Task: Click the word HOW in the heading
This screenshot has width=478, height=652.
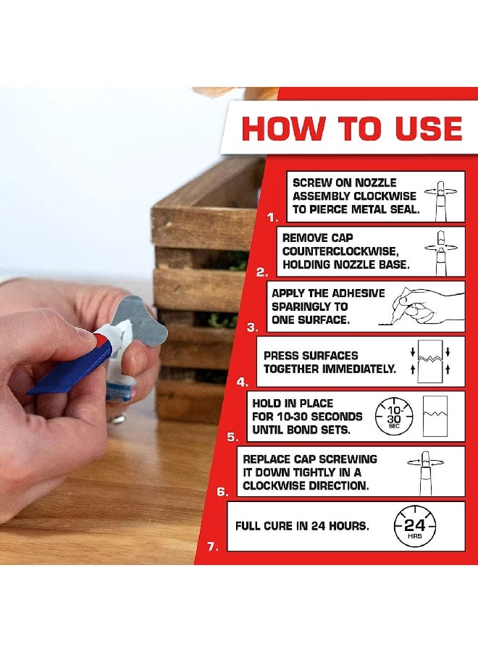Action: coord(282,128)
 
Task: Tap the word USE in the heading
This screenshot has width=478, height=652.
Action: coord(429,128)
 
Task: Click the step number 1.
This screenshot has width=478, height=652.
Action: coord(272,217)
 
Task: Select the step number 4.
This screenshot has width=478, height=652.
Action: coord(243,382)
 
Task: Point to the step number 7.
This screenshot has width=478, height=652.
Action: coord(213,546)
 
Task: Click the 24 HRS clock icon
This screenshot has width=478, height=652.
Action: coord(415,527)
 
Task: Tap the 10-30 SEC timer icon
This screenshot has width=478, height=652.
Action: coord(394,416)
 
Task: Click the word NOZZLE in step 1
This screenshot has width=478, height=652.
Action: coord(377,183)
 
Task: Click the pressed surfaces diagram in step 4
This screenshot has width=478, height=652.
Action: coord(430,361)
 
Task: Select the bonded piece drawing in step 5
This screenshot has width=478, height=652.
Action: coord(435,416)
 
